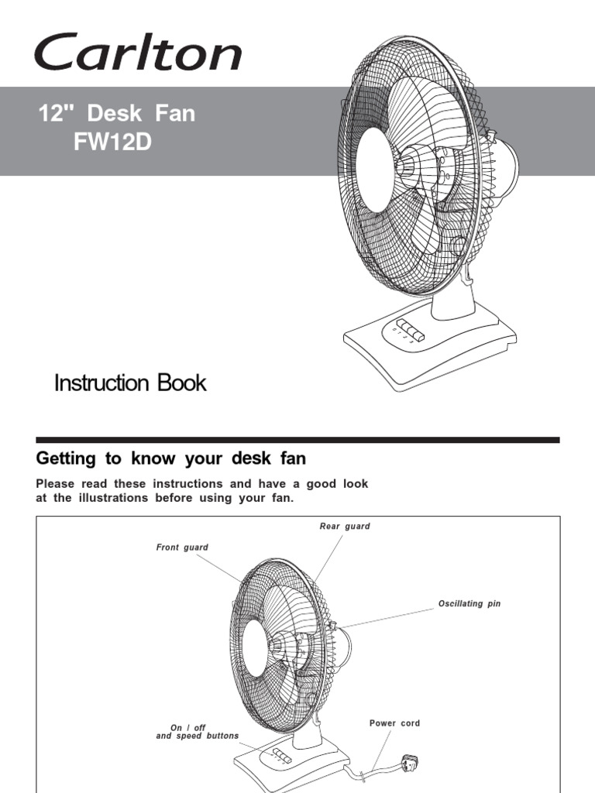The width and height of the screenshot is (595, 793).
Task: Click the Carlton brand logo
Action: (x=137, y=53)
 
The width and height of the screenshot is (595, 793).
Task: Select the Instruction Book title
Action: (x=130, y=383)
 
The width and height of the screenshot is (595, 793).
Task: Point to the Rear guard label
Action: (x=345, y=527)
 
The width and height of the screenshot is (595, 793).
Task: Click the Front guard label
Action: (x=182, y=548)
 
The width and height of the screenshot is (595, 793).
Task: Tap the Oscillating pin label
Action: (x=469, y=603)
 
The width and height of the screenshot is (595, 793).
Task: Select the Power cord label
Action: (x=394, y=723)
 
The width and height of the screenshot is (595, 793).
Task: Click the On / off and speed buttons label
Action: (x=198, y=732)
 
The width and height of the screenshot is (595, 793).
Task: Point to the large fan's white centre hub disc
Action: (x=375, y=170)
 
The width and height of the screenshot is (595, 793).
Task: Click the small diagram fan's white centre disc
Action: (x=254, y=649)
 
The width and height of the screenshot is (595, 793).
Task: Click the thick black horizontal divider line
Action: (x=297, y=440)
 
